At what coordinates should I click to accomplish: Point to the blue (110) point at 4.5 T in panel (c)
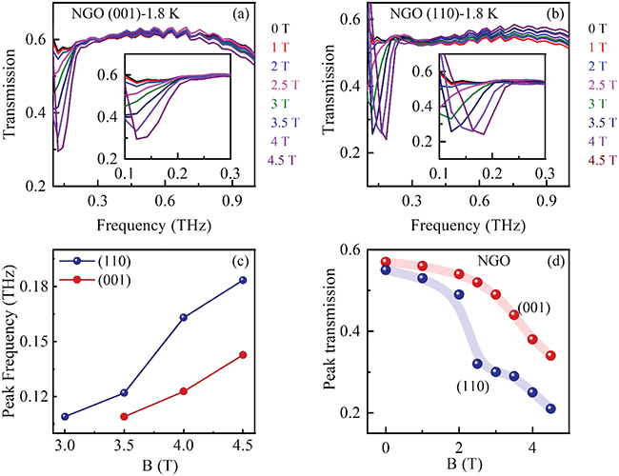(x=270, y=280)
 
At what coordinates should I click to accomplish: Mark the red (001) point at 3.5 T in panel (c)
(x=124, y=416)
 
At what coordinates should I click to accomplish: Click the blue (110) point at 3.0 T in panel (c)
(x=65, y=416)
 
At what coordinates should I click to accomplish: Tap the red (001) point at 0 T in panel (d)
(x=386, y=261)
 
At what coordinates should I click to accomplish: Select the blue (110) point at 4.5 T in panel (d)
(x=551, y=408)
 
